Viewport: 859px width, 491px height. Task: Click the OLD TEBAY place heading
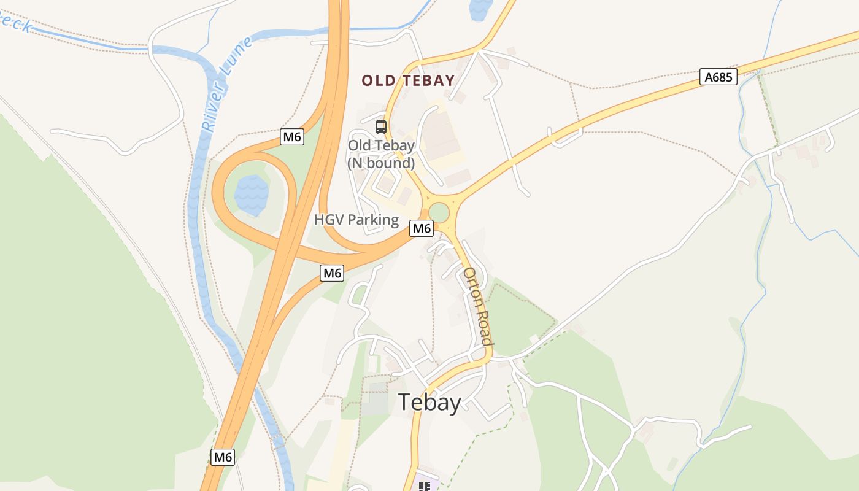408,80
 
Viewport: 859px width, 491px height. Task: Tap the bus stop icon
381,127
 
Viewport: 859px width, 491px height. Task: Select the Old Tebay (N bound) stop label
381,154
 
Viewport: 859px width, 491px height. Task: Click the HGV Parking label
356,220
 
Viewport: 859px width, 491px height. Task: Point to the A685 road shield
718,77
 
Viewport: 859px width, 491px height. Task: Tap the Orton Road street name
477,306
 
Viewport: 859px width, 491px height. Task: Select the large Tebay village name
429,403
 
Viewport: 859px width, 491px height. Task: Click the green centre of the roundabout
439,213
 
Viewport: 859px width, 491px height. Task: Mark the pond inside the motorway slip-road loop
251,194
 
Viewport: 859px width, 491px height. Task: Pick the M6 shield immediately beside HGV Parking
422,228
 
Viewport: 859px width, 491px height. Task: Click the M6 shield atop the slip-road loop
292,137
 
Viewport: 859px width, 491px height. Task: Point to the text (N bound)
381,163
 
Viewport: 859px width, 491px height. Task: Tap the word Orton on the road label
472,286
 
